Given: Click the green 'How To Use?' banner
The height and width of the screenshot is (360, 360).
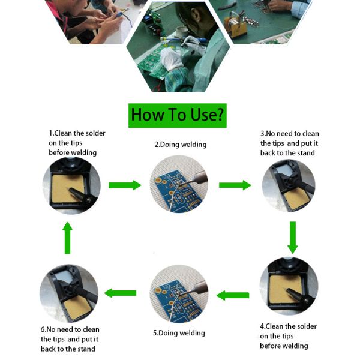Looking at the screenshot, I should [178, 115].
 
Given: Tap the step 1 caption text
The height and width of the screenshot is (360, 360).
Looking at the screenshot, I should [77, 143].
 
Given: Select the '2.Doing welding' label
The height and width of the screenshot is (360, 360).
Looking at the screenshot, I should [180, 145].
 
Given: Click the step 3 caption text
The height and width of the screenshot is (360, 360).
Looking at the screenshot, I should [289, 143].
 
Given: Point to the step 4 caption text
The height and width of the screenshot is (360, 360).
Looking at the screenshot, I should [288, 336].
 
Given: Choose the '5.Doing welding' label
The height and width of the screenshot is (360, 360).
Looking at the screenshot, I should [179, 333].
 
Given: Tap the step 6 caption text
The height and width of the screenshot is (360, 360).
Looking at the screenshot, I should [70, 339].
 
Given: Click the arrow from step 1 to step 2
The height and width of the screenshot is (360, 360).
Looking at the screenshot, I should [124, 185].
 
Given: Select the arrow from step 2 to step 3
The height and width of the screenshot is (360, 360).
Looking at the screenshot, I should [235, 185].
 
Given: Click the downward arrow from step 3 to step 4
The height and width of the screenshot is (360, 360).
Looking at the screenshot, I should [292, 237].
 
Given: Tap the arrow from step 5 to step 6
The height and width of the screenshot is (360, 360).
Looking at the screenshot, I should [121, 293].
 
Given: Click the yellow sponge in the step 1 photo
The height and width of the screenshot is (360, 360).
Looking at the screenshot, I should [64, 187].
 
